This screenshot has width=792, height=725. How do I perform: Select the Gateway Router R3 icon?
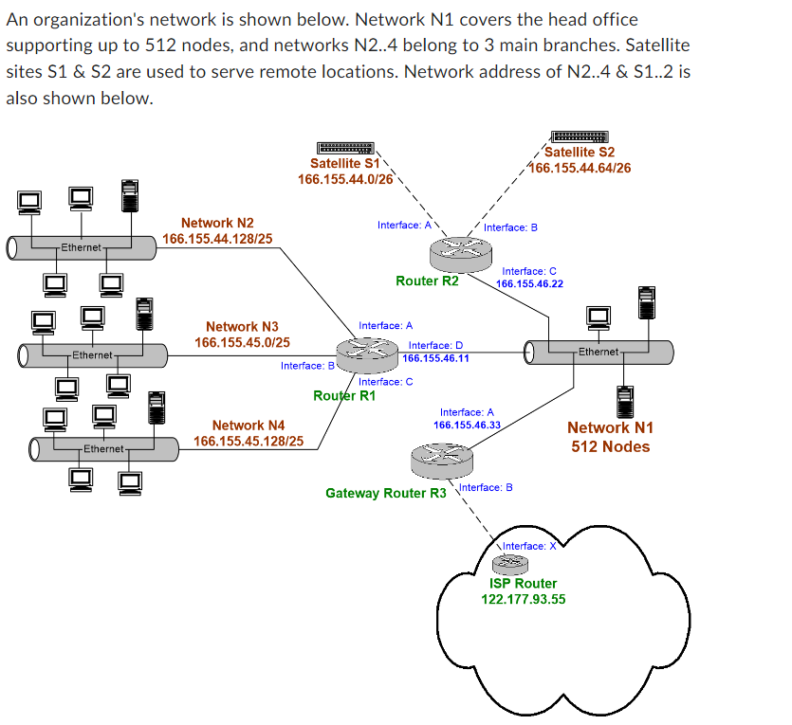tap(442, 462)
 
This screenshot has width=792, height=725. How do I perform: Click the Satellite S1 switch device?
tap(347, 148)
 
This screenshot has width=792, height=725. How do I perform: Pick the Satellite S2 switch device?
tap(580, 137)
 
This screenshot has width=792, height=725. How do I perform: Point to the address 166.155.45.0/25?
tap(242, 342)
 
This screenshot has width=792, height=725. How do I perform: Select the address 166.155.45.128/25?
tap(249, 442)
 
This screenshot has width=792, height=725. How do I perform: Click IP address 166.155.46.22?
tap(529, 283)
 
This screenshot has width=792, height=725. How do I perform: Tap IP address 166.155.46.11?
tap(435, 358)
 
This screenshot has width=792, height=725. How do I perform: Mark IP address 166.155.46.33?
tap(467, 425)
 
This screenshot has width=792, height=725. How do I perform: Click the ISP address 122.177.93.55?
tap(524, 599)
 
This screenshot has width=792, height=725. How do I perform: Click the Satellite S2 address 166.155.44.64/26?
tap(580, 168)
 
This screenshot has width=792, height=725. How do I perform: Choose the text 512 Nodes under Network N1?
tap(610, 446)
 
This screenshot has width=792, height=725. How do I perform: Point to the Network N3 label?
tap(242, 326)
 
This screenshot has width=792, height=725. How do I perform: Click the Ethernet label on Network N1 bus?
tap(599, 352)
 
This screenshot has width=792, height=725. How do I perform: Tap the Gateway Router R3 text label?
tap(385, 493)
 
